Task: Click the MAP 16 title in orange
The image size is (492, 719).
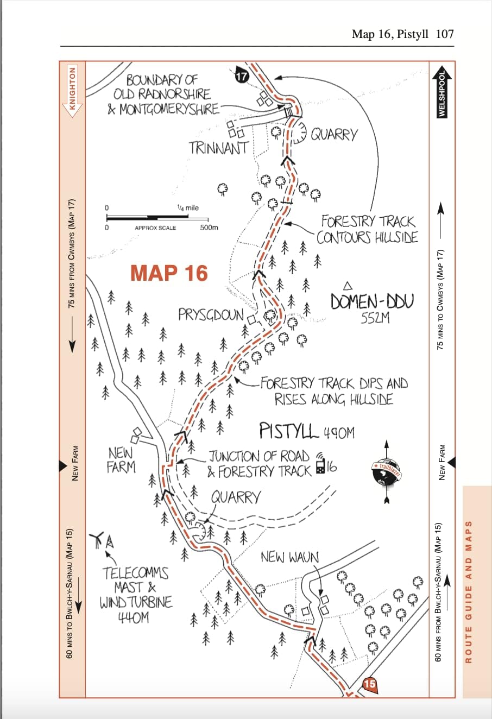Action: click(x=169, y=273)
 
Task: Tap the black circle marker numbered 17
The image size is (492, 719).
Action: click(x=241, y=76)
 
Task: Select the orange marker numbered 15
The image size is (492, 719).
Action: click(x=370, y=684)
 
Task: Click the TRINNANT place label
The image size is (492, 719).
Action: click(x=218, y=148)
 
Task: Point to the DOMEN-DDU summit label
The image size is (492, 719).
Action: click(x=372, y=302)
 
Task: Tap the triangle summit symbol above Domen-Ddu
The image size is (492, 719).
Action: click(x=349, y=286)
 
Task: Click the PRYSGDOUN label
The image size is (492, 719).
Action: click(x=211, y=315)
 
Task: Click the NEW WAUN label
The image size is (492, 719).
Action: click(x=289, y=557)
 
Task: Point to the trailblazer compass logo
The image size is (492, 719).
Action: click(x=386, y=471)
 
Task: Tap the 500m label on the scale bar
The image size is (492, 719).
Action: click(x=209, y=228)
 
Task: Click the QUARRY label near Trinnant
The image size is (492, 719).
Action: click(x=334, y=134)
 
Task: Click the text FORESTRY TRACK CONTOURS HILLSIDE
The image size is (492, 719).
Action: click(x=367, y=229)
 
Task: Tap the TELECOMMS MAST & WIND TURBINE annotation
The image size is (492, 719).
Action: click(x=135, y=595)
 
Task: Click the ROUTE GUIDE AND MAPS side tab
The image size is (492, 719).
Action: click(x=469, y=592)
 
